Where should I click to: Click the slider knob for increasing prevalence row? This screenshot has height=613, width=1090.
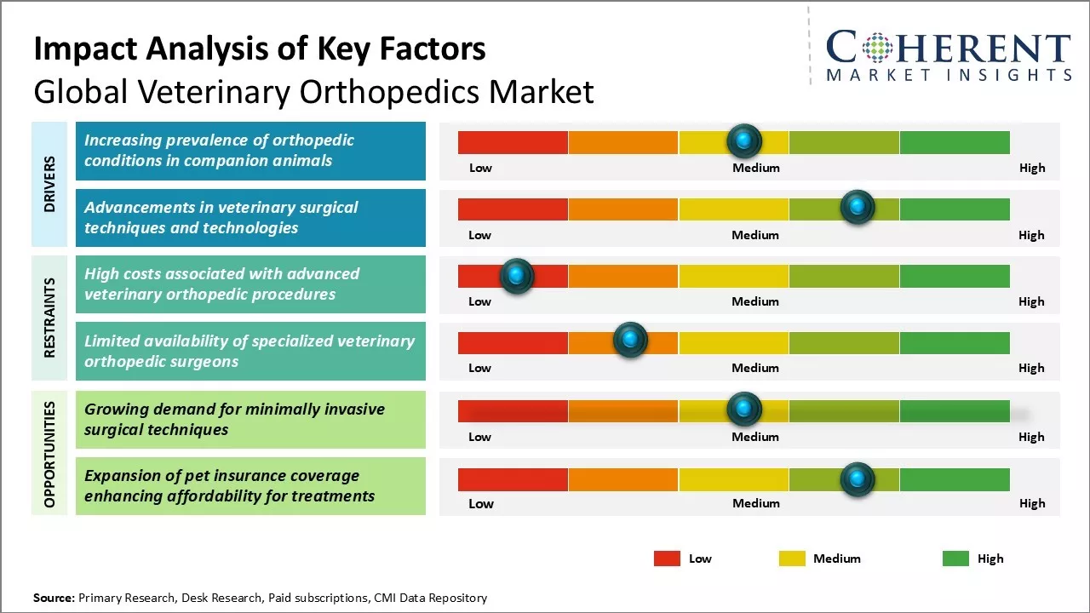click(744, 140)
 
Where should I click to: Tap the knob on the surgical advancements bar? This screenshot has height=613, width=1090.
click(857, 208)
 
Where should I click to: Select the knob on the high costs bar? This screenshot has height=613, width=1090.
click(516, 275)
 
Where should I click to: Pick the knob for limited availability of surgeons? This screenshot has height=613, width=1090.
click(630, 341)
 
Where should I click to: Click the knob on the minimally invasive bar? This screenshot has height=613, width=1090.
click(744, 410)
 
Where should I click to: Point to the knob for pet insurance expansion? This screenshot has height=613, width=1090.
click(857, 479)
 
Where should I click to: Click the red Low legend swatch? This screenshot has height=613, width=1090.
click(667, 559)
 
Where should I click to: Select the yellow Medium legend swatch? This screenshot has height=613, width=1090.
click(792, 559)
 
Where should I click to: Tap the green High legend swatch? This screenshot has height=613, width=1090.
click(955, 559)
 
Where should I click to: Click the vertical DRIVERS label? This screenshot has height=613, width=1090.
click(49, 184)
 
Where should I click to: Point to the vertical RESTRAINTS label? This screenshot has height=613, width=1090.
click(49, 318)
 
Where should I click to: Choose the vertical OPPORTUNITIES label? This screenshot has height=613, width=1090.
click(49, 455)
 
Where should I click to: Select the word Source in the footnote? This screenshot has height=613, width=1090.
click(54, 598)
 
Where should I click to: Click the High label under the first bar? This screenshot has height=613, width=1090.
click(1032, 168)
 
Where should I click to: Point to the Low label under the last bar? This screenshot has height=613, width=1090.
click(481, 503)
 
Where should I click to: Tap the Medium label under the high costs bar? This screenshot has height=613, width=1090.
click(755, 301)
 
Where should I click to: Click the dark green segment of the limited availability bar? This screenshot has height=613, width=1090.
click(954, 343)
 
